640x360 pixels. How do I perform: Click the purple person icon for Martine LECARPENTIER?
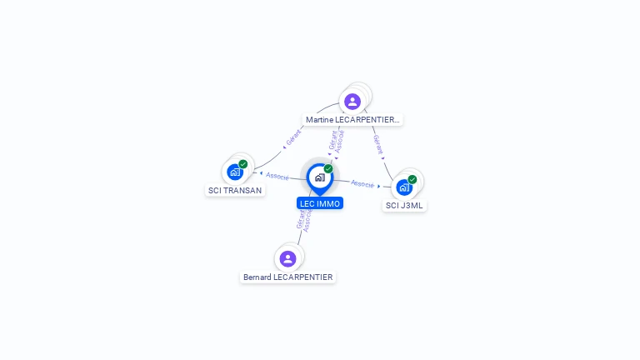[352, 102]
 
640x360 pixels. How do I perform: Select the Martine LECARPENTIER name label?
[352, 120]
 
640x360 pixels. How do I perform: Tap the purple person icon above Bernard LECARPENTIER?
[287, 258]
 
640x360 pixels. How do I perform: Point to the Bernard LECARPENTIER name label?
[287, 277]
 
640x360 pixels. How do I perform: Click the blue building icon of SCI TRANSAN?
[235, 172]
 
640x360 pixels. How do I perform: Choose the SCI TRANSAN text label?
[235, 190]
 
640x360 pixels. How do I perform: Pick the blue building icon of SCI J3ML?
[404, 187]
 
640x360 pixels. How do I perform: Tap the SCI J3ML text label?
[405, 205]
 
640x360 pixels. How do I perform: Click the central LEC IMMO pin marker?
[319, 177]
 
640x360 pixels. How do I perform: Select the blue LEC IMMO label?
[320, 203]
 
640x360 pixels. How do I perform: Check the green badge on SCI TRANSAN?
[243, 164]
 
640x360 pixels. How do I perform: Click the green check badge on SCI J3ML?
[412, 179]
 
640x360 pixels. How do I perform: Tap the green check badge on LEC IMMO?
[328, 169]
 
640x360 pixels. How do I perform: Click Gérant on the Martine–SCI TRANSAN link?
[293, 138]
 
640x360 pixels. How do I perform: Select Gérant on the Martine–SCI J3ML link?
[378, 145]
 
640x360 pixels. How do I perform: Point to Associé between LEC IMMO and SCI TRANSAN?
[277, 177]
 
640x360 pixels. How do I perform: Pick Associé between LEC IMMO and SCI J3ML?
[362, 183]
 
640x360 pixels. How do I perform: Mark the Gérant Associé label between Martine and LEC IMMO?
[337, 140]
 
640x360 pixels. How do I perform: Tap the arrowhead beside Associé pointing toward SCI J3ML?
[380, 186]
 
